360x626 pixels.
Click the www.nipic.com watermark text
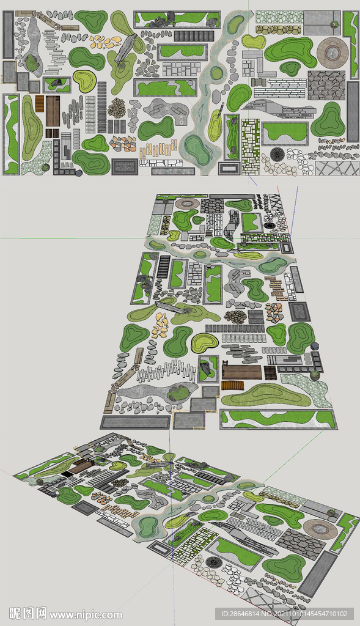(86, 614)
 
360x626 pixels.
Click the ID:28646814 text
(242, 614)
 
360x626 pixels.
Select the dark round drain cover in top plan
(277, 154)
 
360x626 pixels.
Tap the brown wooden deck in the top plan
(53, 111)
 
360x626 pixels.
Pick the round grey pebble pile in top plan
(116, 108)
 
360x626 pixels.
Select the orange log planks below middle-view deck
(232, 385)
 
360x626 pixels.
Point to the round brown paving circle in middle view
(187, 203)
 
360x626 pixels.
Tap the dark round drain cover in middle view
(269, 226)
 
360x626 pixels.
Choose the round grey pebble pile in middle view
(235, 317)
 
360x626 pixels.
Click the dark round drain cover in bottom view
(213, 561)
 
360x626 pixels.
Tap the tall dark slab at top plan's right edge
(353, 111)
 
